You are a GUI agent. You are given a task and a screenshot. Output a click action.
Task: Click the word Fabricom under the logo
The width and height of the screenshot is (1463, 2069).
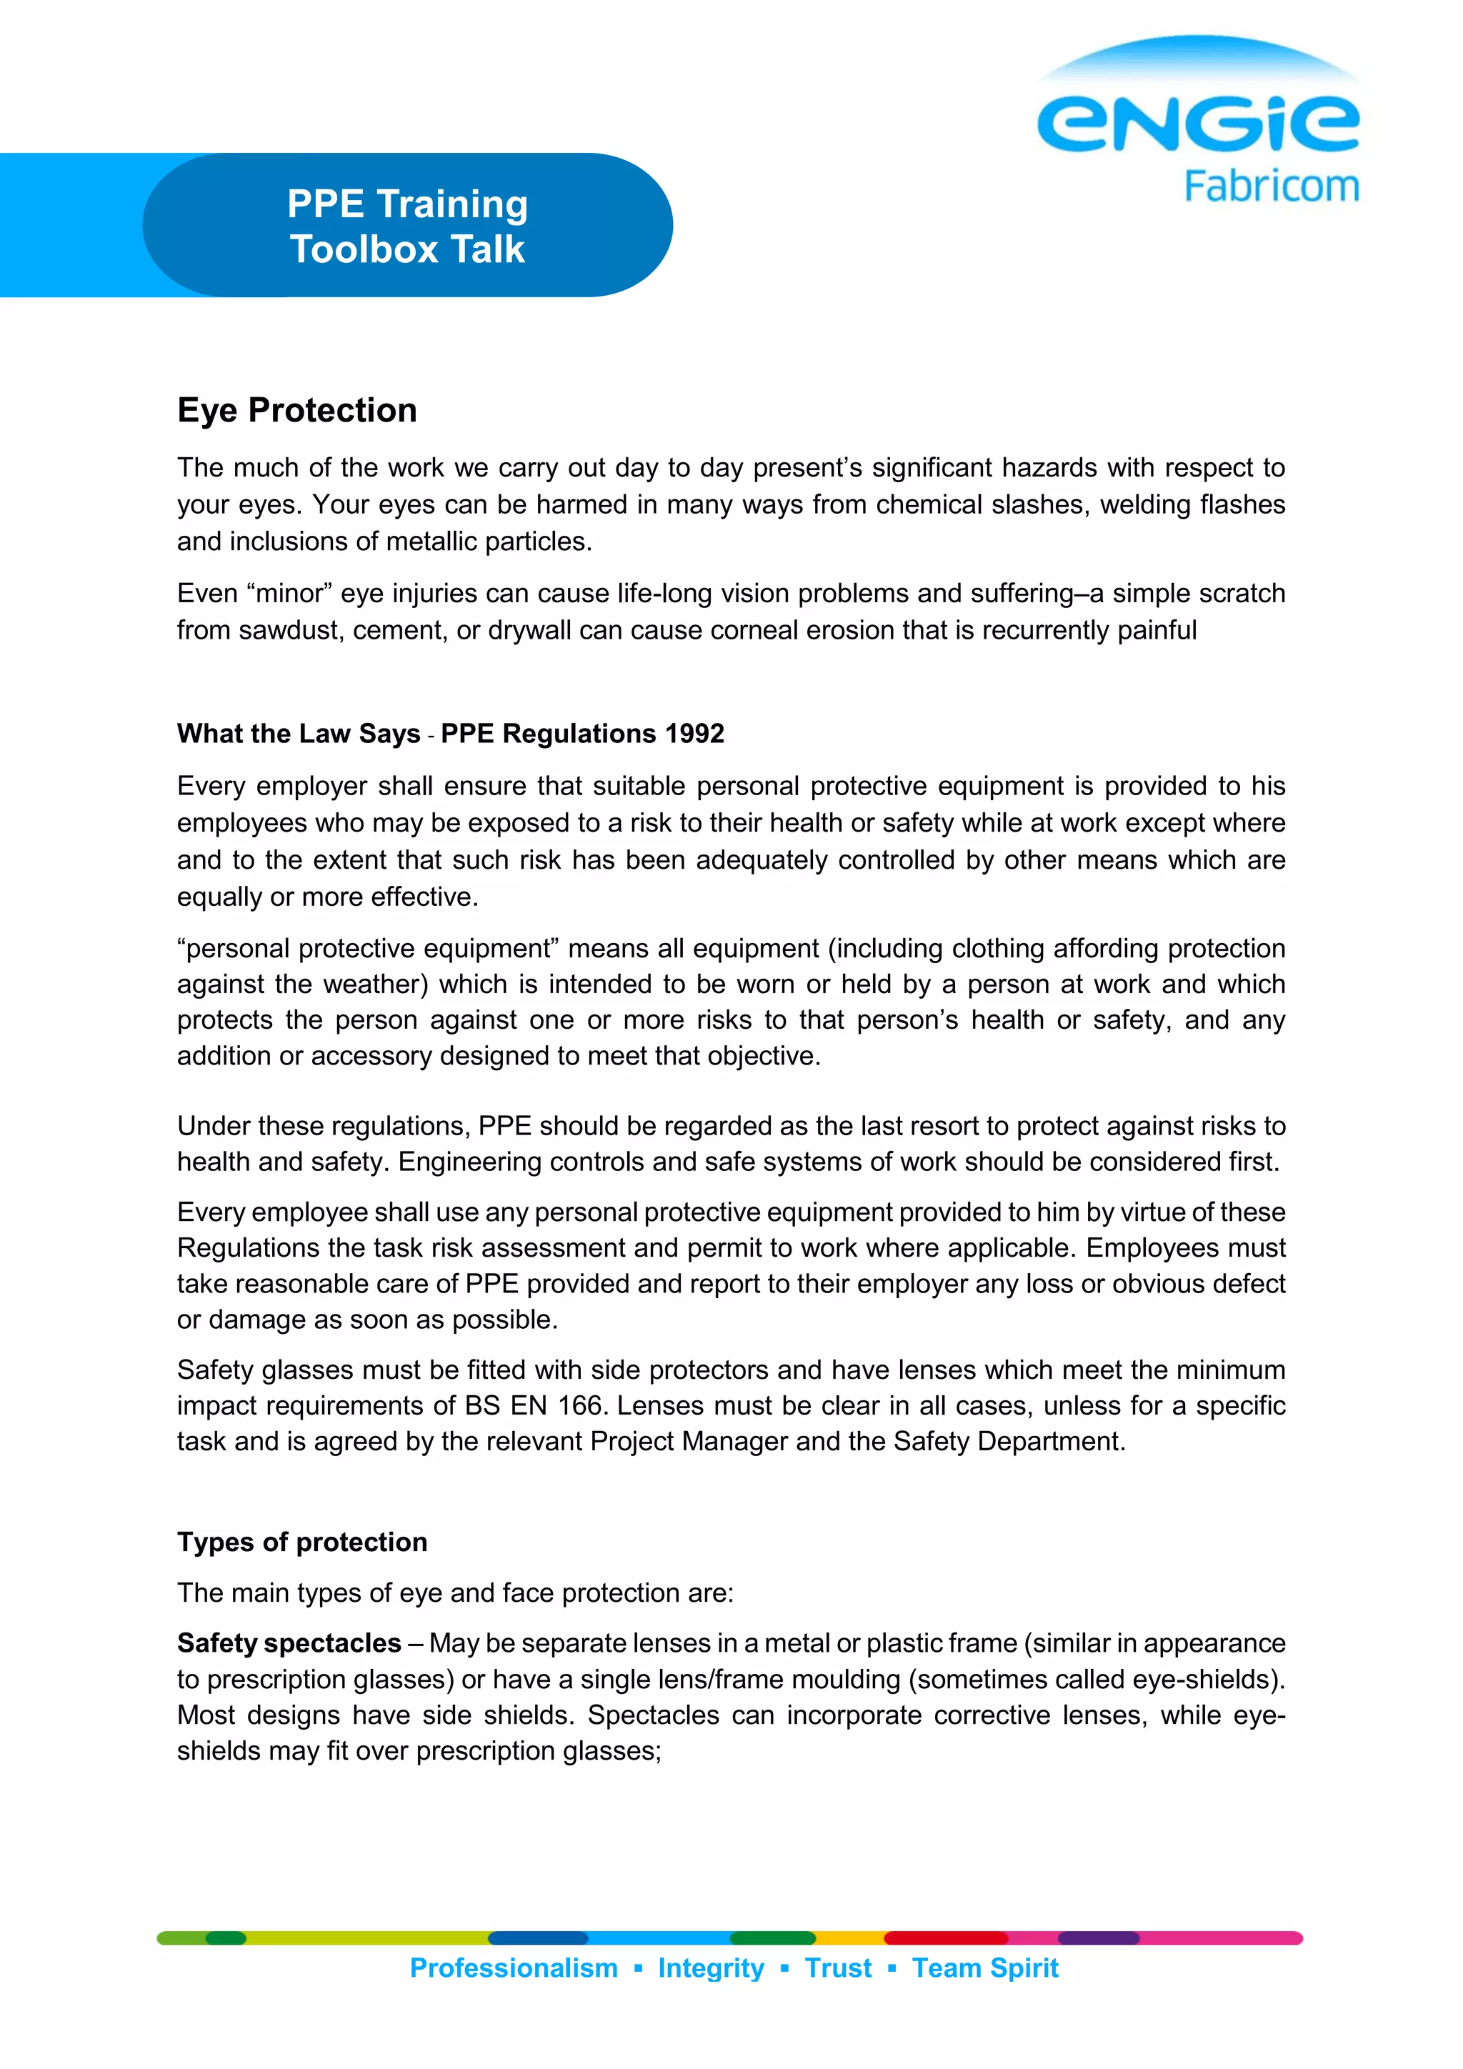[1270, 186]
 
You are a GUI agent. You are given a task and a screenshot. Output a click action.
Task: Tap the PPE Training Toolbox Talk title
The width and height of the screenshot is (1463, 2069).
[407, 226]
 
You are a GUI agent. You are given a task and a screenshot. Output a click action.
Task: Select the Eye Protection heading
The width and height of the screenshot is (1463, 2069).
[297, 410]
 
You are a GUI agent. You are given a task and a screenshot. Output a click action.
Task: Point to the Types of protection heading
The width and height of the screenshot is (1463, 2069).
[301, 1542]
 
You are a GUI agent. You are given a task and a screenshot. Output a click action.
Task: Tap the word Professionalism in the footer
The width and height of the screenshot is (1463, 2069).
[514, 1968]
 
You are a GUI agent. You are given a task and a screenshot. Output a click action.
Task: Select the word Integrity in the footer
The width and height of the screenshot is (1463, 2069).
[711, 1968]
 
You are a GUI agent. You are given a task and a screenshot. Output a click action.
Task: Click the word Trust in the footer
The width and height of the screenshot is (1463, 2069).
[838, 1968]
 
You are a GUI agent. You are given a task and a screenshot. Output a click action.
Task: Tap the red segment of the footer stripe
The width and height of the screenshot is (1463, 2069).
[946, 1938]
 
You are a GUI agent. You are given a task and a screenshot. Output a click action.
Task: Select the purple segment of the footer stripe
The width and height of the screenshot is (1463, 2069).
[1098, 1938]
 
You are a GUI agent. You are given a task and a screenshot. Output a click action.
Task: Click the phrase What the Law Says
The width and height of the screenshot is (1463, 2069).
[298, 734]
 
